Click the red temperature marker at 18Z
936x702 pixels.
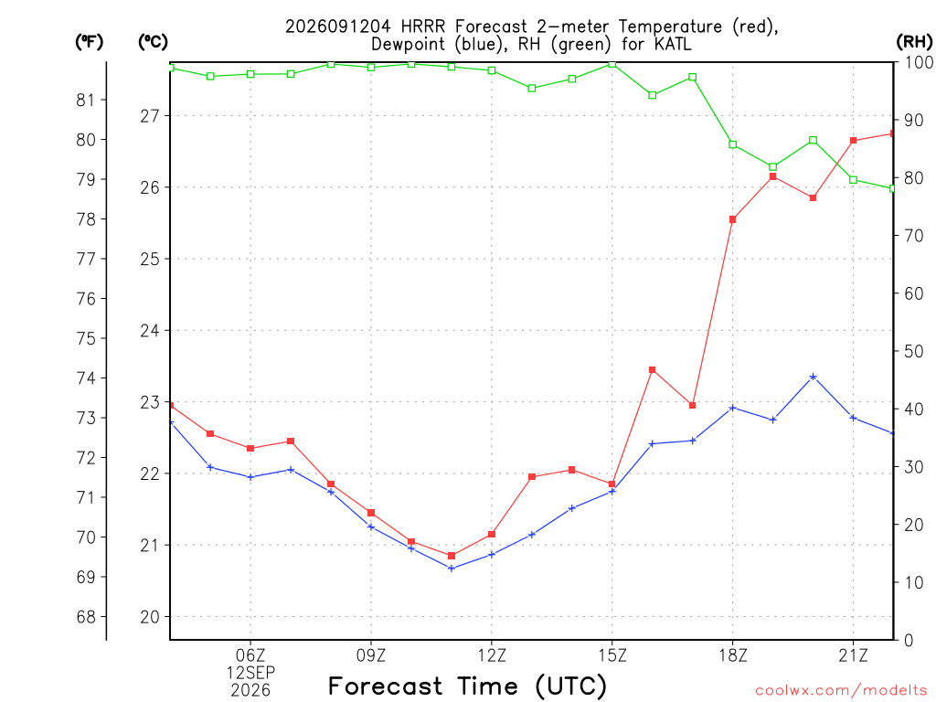click(732, 219)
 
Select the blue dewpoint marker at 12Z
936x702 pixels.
click(492, 555)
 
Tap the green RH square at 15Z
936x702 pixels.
click(612, 63)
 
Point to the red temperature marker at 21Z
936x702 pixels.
click(853, 140)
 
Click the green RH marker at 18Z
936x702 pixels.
click(732, 144)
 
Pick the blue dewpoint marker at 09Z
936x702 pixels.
click(371, 526)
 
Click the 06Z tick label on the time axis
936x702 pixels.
click(250, 655)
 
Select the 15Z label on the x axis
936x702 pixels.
click(612, 655)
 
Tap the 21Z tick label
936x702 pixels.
click(853, 655)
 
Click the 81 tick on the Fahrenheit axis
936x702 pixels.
click(86, 100)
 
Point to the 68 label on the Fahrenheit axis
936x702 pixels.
click(86, 617)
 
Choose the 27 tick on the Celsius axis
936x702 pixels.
click(150, 116)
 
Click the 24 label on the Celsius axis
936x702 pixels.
click(150, 331)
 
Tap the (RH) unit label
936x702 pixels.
click(914, 42)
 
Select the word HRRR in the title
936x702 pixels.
click(423, 27)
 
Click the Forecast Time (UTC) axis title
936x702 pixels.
click(467, 686)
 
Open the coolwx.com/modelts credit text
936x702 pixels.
click(841, 690)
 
